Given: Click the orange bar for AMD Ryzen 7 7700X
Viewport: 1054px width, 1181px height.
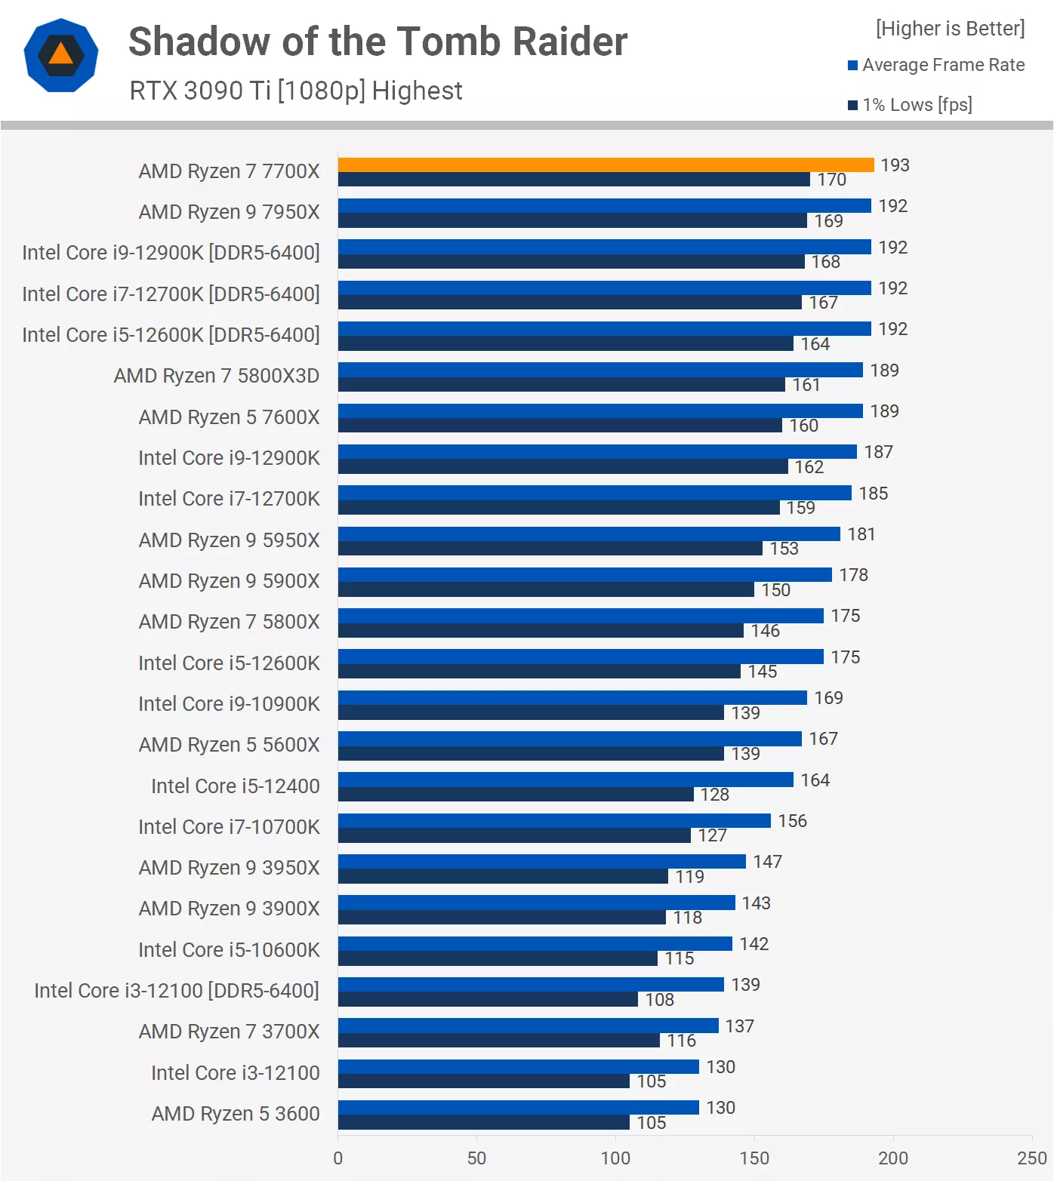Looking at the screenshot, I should [x=606, y=165].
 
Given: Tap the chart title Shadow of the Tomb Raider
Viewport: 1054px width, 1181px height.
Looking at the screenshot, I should [x=378, y=42].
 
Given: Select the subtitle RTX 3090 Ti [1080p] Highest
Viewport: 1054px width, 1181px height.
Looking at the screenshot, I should [x=296, y=91].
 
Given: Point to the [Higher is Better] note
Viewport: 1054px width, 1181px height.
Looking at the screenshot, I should [x=950, y=29].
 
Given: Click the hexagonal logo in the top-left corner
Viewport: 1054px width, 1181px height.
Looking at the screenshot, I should [x=61, y=55].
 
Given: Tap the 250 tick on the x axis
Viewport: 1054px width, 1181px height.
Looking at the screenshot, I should [x=1031, y=1158].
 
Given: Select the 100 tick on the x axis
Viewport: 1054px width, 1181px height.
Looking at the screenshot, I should [x=615, y=1158].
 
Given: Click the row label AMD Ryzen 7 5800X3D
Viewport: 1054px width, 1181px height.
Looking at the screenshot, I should [x=217, y=376].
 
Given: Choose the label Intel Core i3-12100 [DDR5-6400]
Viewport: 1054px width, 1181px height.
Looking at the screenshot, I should [x=177, y=990].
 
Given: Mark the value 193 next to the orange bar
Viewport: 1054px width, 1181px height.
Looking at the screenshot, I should [x=895, y=165].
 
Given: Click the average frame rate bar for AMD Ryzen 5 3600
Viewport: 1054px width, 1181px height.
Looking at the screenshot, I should [x=518, y=1107].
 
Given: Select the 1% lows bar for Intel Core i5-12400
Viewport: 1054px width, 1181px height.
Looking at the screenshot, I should [x=516, y=794].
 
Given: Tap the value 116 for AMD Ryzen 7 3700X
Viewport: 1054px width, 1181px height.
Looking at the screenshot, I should [x=681, y=1041].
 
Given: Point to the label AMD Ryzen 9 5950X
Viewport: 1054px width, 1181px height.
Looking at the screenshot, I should [x=229, y=540].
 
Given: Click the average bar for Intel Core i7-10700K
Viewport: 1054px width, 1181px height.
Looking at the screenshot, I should [x=554, y=820].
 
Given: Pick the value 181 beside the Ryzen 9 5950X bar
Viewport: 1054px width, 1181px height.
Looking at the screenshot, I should [x=861, y=534].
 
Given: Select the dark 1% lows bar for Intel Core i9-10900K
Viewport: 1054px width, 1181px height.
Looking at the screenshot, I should [x=531, y=712].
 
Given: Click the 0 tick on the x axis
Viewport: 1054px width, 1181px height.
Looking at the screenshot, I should [x=337, y=1158].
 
